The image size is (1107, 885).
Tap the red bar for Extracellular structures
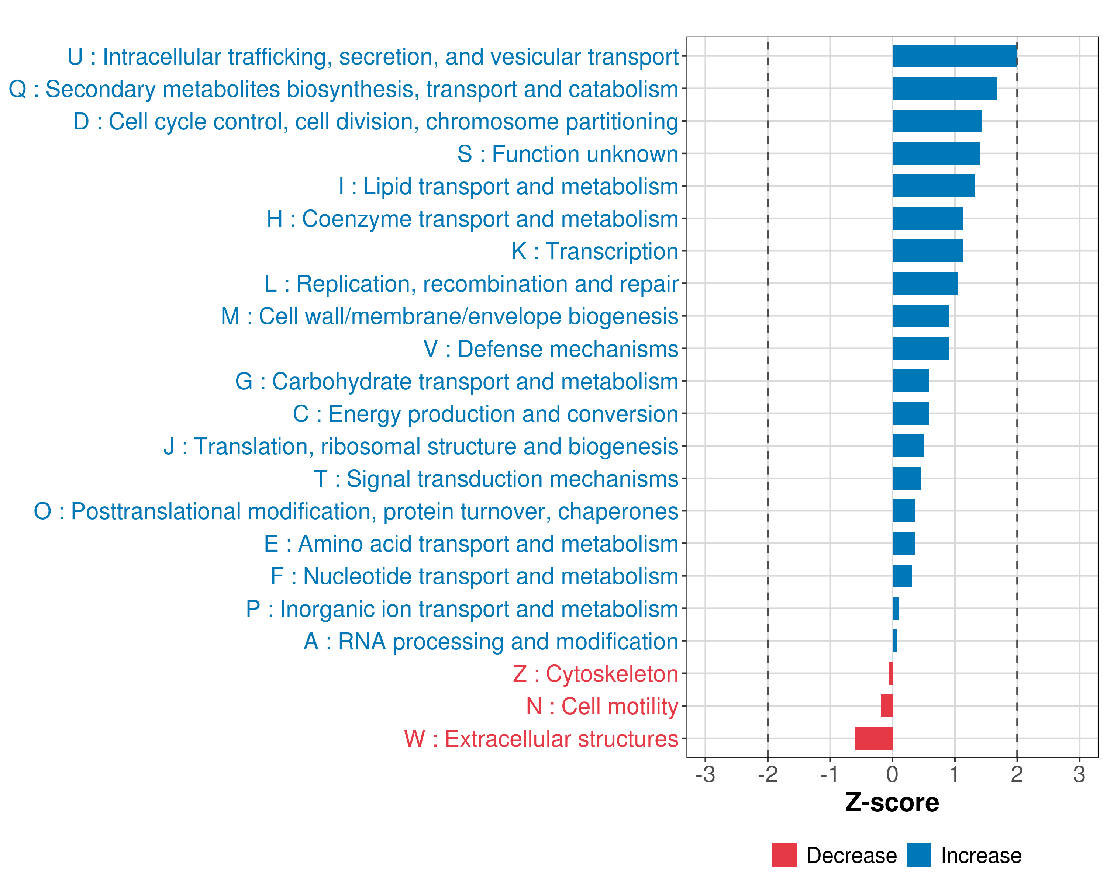[873, 738]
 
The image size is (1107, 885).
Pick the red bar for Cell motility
[886, 706]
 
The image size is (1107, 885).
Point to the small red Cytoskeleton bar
[890, 673]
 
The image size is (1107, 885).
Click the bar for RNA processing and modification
[894, 641]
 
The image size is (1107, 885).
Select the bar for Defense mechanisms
[920, 348]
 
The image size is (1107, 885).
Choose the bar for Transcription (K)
[927, 251]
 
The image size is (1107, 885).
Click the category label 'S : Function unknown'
[568, 154]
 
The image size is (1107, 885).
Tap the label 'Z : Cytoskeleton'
[595, 674]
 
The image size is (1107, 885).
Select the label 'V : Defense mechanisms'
[551, 349]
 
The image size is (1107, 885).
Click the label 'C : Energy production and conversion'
[485, 414]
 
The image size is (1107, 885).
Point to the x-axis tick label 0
[892, 774]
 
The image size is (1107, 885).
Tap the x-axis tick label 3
[1079, 774]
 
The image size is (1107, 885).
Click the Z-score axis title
[892, 802]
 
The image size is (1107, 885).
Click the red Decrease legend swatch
[784, 855]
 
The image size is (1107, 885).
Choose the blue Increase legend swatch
[918, 855]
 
